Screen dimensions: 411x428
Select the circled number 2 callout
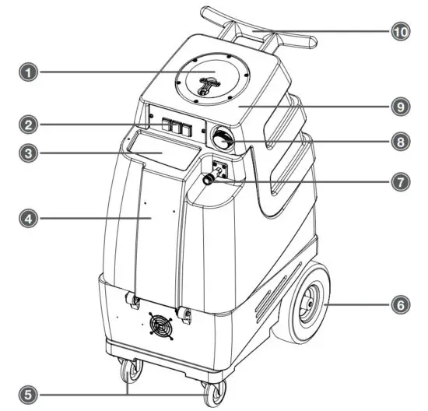(x=29, y=123)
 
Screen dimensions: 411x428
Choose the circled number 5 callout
(x=29, y=392)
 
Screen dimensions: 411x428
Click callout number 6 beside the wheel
(x=398, y=307)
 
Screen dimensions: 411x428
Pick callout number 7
(x=398, y=182)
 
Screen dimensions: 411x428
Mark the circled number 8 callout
(x=398, y=142)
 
